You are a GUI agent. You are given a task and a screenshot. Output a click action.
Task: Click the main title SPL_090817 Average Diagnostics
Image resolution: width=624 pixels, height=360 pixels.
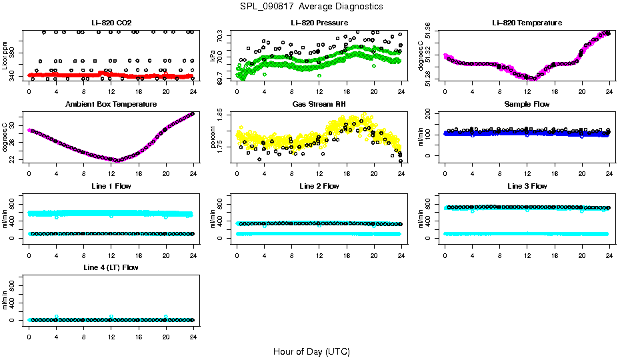(312, 6)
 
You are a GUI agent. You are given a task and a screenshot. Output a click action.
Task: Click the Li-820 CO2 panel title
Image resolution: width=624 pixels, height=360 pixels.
(111, 23)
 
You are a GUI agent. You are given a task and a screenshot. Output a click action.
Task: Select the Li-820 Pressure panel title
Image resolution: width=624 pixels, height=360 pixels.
(319, 23)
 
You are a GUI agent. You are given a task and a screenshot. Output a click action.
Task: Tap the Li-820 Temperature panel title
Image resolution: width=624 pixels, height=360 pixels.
(527, 23)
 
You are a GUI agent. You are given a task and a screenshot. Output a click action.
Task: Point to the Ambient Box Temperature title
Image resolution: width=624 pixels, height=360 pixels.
(111, 104)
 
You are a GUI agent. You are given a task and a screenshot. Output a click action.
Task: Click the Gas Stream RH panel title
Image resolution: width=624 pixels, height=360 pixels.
(319, 104)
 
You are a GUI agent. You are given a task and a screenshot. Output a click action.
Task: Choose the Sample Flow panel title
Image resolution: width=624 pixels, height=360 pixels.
(527, 104)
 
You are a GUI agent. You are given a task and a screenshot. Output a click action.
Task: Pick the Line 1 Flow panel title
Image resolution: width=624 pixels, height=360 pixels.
(111, 186)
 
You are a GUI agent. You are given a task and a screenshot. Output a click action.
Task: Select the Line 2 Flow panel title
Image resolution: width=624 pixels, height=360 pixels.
(319, 186)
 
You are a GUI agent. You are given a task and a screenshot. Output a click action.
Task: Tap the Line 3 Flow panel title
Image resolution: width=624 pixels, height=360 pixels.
(527, 186)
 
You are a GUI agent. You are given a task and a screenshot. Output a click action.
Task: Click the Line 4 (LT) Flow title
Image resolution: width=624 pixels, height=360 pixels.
(111, 267)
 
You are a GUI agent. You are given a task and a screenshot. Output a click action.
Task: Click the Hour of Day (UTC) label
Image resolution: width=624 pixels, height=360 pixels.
(311, 351)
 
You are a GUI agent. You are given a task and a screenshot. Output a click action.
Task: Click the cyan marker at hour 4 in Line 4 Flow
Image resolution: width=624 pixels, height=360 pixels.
(57, 317)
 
